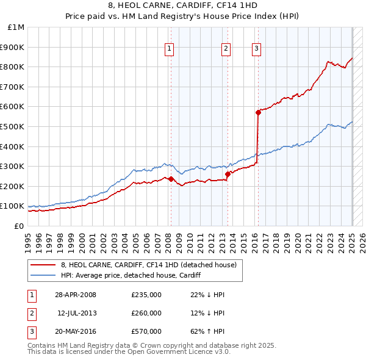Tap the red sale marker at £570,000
tap(258, 112)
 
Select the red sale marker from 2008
tap(171, 179)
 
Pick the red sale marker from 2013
tap(228, 174)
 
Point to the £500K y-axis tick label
tap(12, 126)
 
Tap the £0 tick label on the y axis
tap(19, 226)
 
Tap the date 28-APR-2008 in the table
tap(76, 295)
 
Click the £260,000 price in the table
tap(146, 313)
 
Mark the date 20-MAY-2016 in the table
tap(76, 331)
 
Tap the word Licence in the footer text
tap(193, 352)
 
